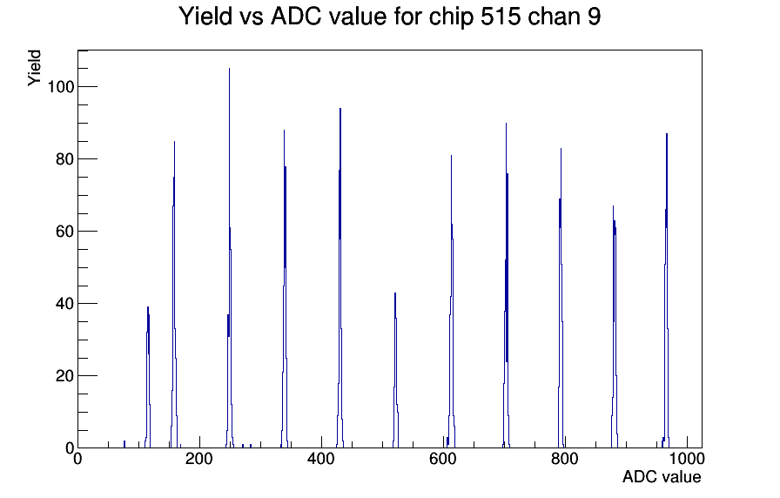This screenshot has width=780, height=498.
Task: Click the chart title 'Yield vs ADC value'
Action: pyautogui.click(x=283, y=16)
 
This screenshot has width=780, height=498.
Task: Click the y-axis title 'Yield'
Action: pyautogui.click(x=34, y=68)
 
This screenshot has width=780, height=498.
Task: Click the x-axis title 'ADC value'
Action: pyautogui.click(x=662, y=476)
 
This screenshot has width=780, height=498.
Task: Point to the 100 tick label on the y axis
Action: pyautogui.click(x=60, y=86)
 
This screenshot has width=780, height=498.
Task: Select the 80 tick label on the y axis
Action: pyautogui.click(x=65, y=159)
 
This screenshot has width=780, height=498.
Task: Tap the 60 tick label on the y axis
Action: pyautogui.click(x=65, y=232)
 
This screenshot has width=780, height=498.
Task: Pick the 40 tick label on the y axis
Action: pyautogui.click(x=65, y=304)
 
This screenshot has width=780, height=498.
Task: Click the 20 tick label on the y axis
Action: pyautogui.click(x=65, y=376)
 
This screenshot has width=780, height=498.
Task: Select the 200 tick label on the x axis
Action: pyautogui.click(x=199, y=459)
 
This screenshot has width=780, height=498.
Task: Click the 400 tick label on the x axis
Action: pyautogui.click(x=321, y=459)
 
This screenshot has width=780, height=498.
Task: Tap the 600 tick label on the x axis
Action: pyautogui.click(x=443, y=459)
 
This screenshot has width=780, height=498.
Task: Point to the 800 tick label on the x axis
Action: pyautogui.click(x=565, y=459)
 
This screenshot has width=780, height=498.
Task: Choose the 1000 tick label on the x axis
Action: pyautogui.click(x=687, y=459)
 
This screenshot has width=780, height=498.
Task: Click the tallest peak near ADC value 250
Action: pyautogui.click(x=229, y=259)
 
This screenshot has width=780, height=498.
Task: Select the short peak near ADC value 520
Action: pyautogui.click(x=395, y=371)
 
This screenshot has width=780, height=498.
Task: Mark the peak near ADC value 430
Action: pyautogui.click(x=340, y=279)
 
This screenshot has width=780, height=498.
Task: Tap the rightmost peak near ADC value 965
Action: pyautogui.click(x=667, y=291)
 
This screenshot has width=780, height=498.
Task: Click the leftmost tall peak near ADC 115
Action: pyautogui.click(x=148, y=378)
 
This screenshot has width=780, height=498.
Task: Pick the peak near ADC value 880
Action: pyautogui.click(x=615, y=328)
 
